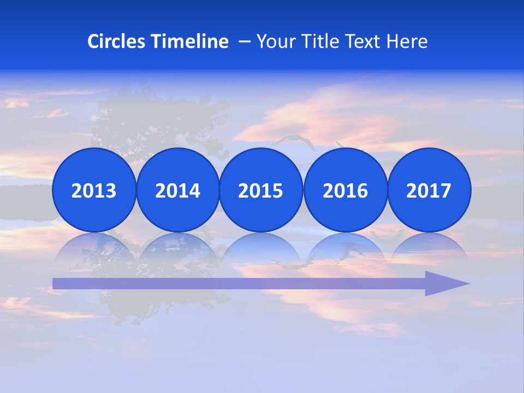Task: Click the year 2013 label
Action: [x=94, y=190]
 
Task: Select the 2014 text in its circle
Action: [x=177, y=190]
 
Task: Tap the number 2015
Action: [x=260, y=190]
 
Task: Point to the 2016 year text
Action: [x=345, y=190]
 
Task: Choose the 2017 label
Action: [x=428, y=190]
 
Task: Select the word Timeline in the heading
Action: [x=190, y=41]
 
